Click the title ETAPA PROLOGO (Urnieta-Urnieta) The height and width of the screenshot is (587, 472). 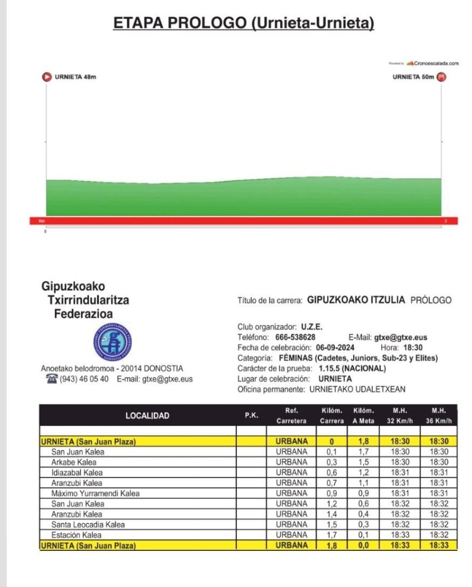244,23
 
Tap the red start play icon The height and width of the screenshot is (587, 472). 46,77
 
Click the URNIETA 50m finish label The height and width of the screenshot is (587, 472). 414,77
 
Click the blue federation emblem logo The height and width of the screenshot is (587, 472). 112,342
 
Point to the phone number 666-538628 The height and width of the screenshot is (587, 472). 295,338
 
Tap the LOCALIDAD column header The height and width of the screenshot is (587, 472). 147,416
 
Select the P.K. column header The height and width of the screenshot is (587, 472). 251,416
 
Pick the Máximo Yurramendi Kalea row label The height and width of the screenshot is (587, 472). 95,493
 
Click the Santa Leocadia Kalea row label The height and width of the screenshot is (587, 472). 88,525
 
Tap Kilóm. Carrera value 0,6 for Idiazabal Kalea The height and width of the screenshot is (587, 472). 332,472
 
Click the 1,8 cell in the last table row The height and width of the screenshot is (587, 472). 332,546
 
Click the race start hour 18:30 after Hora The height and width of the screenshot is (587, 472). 412,348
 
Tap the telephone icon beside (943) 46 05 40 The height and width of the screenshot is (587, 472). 52,379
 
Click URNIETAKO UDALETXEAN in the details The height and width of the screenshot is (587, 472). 357,389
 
